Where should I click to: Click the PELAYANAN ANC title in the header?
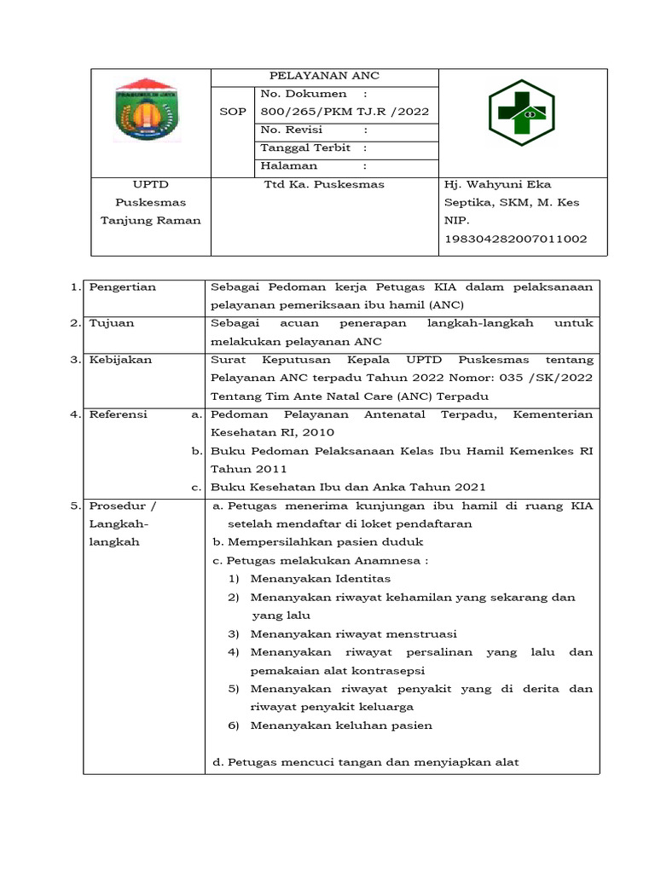click(x=324, y=76)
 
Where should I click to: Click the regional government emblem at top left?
click(x=146, y=110)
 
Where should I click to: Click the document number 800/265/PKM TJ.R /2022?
click(x=345, y=112)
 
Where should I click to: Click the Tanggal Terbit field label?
click(x=301, y=148)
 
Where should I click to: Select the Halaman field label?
click(x=289, y=166)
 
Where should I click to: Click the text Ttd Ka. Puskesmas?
click(x=324, y=184)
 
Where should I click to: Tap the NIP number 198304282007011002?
click(x=515, y=240)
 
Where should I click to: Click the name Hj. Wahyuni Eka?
click(x=497, y=184)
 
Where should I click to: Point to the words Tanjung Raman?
click(x=151, y=220)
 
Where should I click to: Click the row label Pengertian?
click(x=123, y=287)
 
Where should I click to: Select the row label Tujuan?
click(x=112, y=324)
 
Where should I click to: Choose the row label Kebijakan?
click(x=120, y=360)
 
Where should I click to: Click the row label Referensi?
click(x=119, y=414)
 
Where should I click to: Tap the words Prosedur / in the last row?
click(x=123, y=506)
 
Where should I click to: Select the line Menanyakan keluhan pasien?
click(x=341, y=726)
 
